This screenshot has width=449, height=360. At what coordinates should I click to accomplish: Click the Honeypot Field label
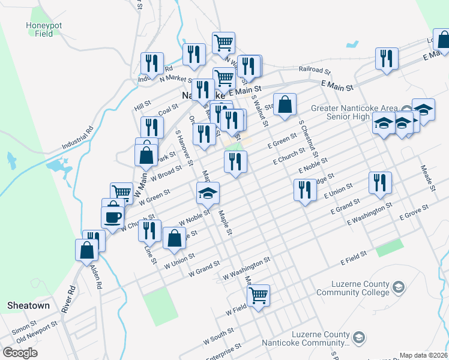[40, 29]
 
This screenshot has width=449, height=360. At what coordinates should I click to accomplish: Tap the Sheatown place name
[28, 305]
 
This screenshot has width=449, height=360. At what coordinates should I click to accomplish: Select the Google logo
[20, 352]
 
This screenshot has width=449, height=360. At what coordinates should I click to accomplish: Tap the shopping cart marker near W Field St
[258, 295]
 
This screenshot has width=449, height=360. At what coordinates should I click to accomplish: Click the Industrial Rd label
[79, 139]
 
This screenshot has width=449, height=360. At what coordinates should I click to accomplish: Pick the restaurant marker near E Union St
[305, 190]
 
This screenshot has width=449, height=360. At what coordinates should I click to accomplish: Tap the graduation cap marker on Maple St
[208, 193]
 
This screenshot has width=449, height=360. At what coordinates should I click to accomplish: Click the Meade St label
[427, 178]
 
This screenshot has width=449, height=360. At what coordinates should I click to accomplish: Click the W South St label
[218, 336]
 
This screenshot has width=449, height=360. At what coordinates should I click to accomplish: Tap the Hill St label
[143, 106]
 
